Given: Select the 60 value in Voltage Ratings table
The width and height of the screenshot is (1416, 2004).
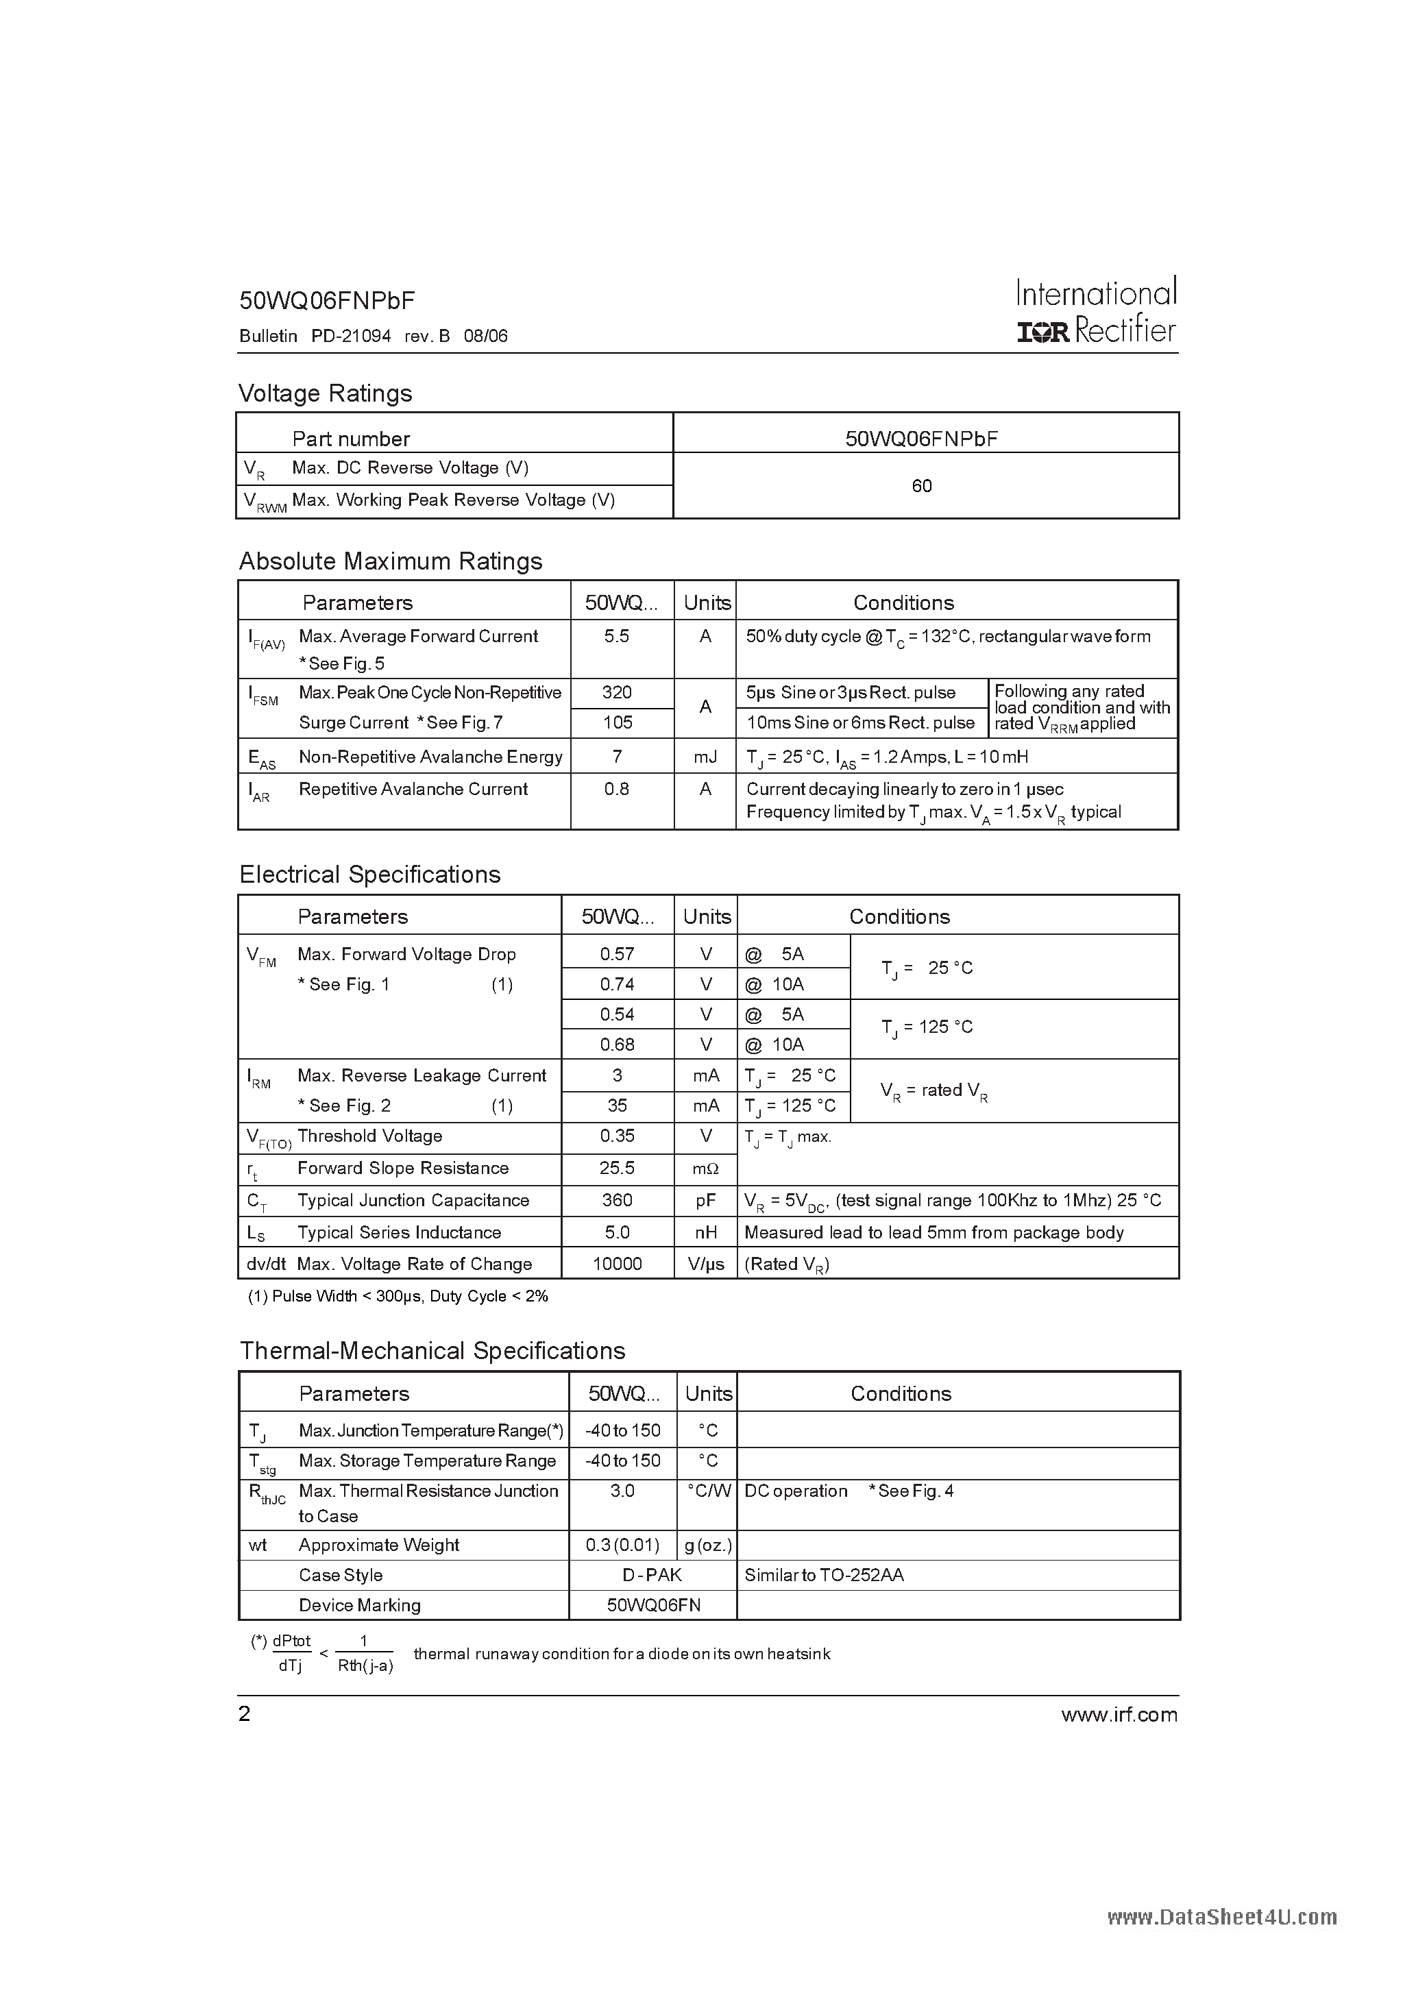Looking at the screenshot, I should click(921, 486).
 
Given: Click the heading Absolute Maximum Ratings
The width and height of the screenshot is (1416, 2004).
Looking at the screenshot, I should click(390, 561).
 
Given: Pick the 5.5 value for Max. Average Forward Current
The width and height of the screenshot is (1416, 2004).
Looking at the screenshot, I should click(616, 636).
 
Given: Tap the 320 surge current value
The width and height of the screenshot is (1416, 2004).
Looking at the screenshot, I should click(616, 693).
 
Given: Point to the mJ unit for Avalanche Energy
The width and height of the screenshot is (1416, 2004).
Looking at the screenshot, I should click(705, 757).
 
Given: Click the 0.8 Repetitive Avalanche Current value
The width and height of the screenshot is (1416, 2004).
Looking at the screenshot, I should click(616, 789).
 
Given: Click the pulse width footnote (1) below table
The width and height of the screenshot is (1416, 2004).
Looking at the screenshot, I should click(398, 1297).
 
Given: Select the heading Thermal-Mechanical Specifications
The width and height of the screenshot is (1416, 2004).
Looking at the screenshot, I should click(432, 1351).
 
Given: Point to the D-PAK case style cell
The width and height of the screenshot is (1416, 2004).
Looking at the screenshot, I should click(652, 1576).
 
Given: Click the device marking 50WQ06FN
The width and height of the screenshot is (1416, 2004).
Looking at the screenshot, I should click(653, 1606).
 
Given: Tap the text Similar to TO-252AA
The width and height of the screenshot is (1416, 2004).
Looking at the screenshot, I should click(823, 1576).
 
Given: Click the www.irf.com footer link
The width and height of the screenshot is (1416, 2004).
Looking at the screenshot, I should click(1119, 1715).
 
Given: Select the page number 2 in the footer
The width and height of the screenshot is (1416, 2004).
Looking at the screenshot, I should click(245, 1714).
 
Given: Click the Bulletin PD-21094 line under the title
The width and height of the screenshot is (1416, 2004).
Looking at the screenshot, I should click(373, 336).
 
